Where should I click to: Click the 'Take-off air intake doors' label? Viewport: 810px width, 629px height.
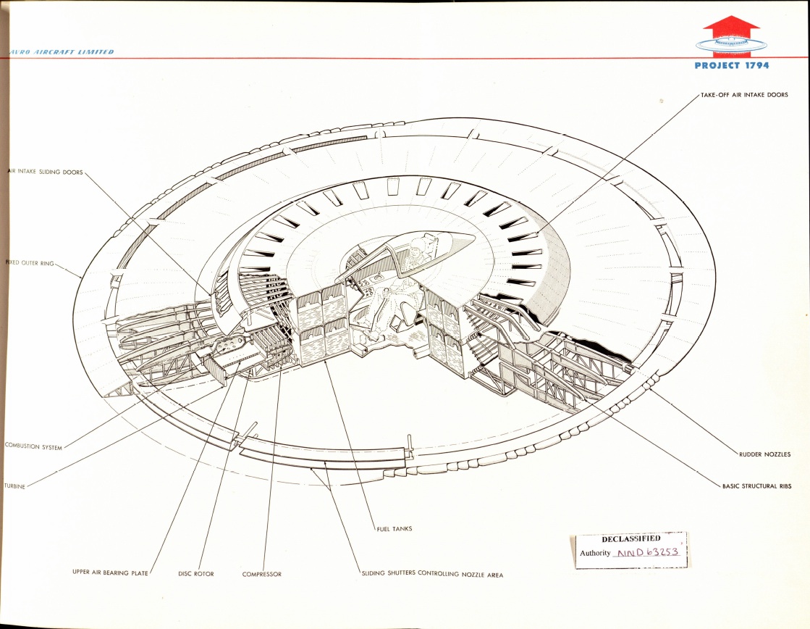744,95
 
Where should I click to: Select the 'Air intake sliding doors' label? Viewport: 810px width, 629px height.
46,172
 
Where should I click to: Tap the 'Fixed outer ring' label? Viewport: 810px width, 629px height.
30,263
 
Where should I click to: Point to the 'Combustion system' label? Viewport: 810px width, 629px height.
33,446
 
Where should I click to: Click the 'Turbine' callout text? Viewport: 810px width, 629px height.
15,486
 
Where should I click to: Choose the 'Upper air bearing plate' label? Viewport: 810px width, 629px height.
110,572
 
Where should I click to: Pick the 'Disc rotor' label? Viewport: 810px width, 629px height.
195,574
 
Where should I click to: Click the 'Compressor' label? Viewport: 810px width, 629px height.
262,574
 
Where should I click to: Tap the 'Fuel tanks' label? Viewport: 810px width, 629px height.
395,529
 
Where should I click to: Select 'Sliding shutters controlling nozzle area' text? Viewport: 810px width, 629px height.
432,574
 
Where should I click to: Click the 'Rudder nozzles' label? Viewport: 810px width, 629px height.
764,454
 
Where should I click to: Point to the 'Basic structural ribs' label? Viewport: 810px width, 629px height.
756,486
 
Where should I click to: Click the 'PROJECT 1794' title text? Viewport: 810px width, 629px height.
732,65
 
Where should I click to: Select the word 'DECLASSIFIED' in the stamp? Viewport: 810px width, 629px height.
630,538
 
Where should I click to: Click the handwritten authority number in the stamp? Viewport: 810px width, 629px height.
646,552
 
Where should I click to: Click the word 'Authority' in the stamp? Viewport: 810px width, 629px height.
595,553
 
